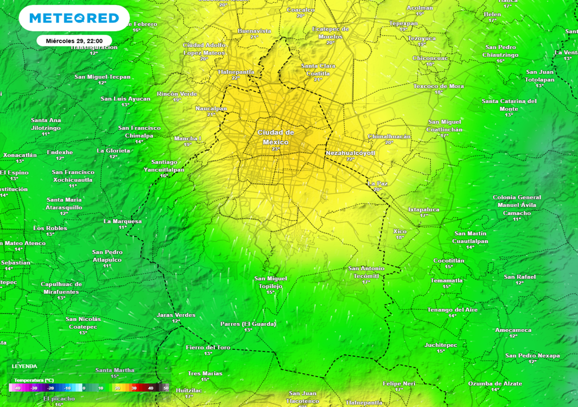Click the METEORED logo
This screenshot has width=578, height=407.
point(74,19)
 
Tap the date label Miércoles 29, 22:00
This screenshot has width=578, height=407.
point(74,41)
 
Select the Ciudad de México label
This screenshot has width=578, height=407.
point(276,137)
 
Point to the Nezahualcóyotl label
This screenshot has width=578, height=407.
point(351,153)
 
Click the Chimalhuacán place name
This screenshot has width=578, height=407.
point(389,136)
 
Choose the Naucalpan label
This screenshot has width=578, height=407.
point(211,108)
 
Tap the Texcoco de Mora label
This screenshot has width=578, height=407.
point(439,86)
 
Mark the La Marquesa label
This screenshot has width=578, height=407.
point(123,221)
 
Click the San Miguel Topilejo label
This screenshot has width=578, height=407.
point(270,282)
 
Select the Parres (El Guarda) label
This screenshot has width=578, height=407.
point(248,324)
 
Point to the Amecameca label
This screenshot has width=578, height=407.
point(513,330)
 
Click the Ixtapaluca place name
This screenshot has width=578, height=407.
point(424,209)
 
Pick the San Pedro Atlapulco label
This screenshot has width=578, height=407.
point(107,256)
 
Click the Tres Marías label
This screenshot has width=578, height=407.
point(205,373)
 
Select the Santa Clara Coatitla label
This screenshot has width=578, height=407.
point(318,70)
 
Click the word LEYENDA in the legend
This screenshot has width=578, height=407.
point(24,366)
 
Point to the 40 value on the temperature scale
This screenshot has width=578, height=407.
point(151,388)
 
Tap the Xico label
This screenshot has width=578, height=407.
point(400,231)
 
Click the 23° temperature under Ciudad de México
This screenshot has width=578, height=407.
point(275,149)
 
